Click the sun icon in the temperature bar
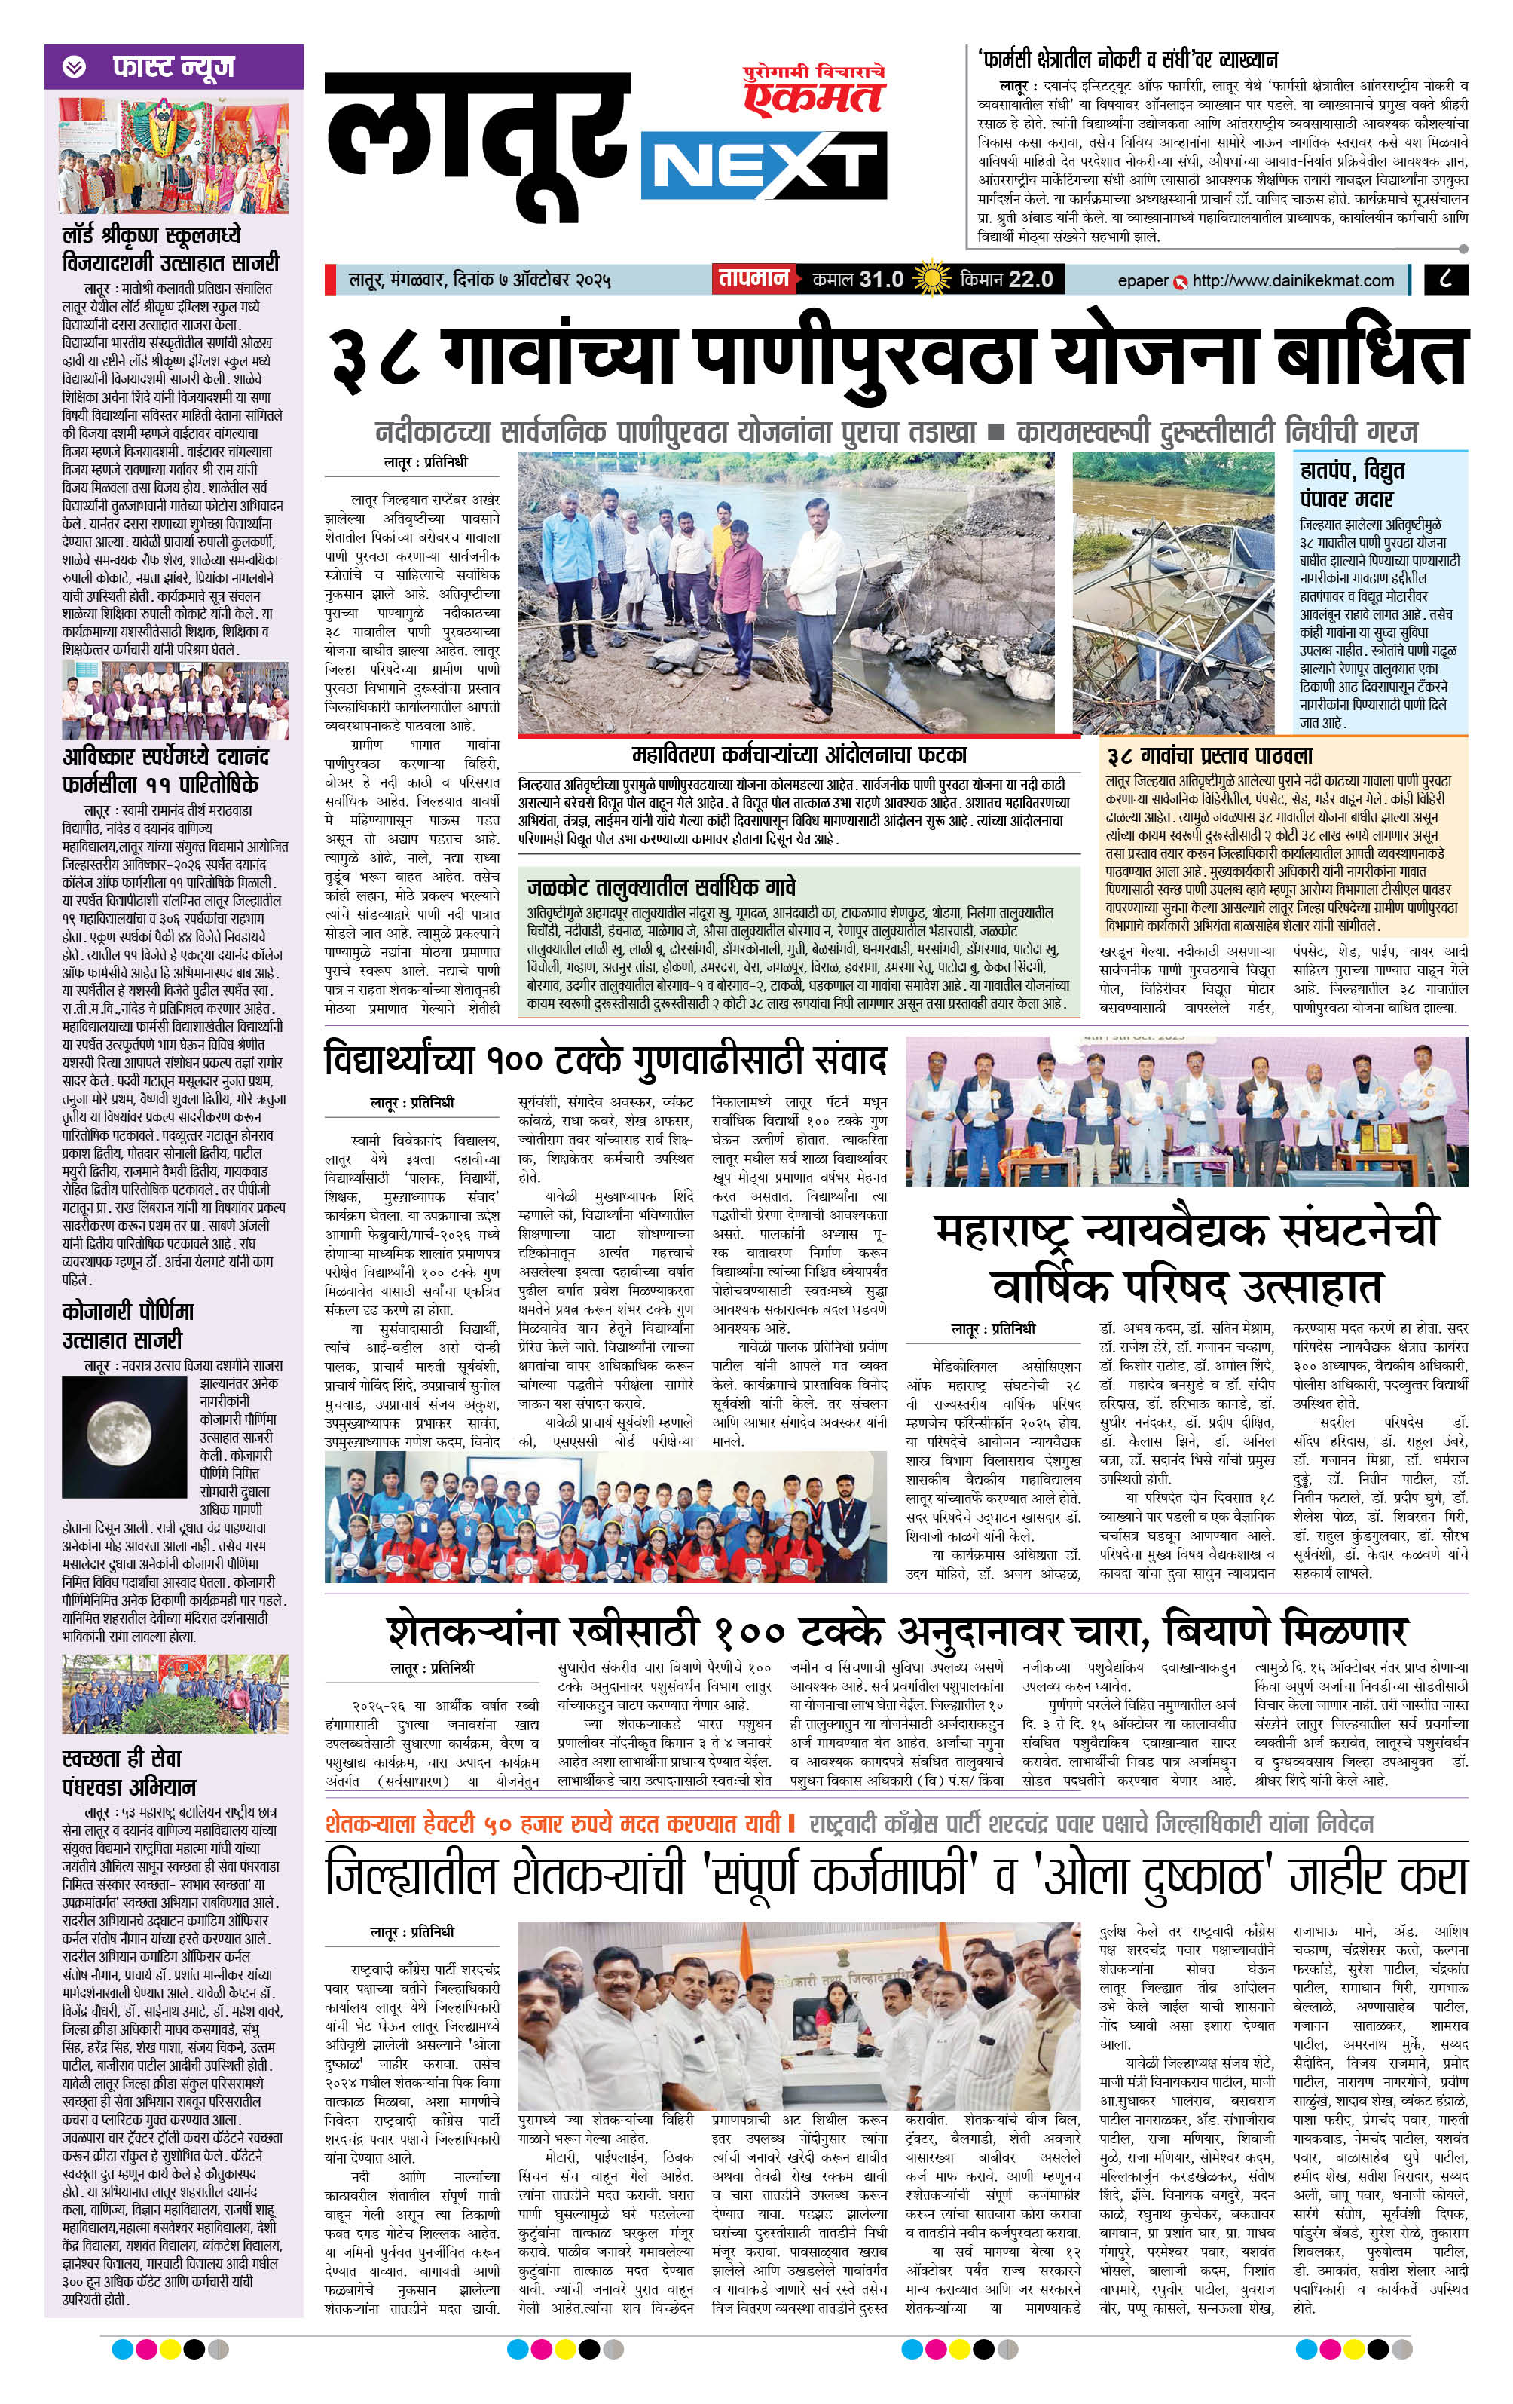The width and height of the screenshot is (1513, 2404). click(931, 278)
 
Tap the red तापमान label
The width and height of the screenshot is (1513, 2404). click(753, 278)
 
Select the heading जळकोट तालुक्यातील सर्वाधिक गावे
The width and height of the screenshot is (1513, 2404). click(661, 887)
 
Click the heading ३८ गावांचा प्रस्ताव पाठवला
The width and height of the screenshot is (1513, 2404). click(1209, 756)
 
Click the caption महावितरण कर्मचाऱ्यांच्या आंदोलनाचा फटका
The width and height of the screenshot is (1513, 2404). click(799, 754)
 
